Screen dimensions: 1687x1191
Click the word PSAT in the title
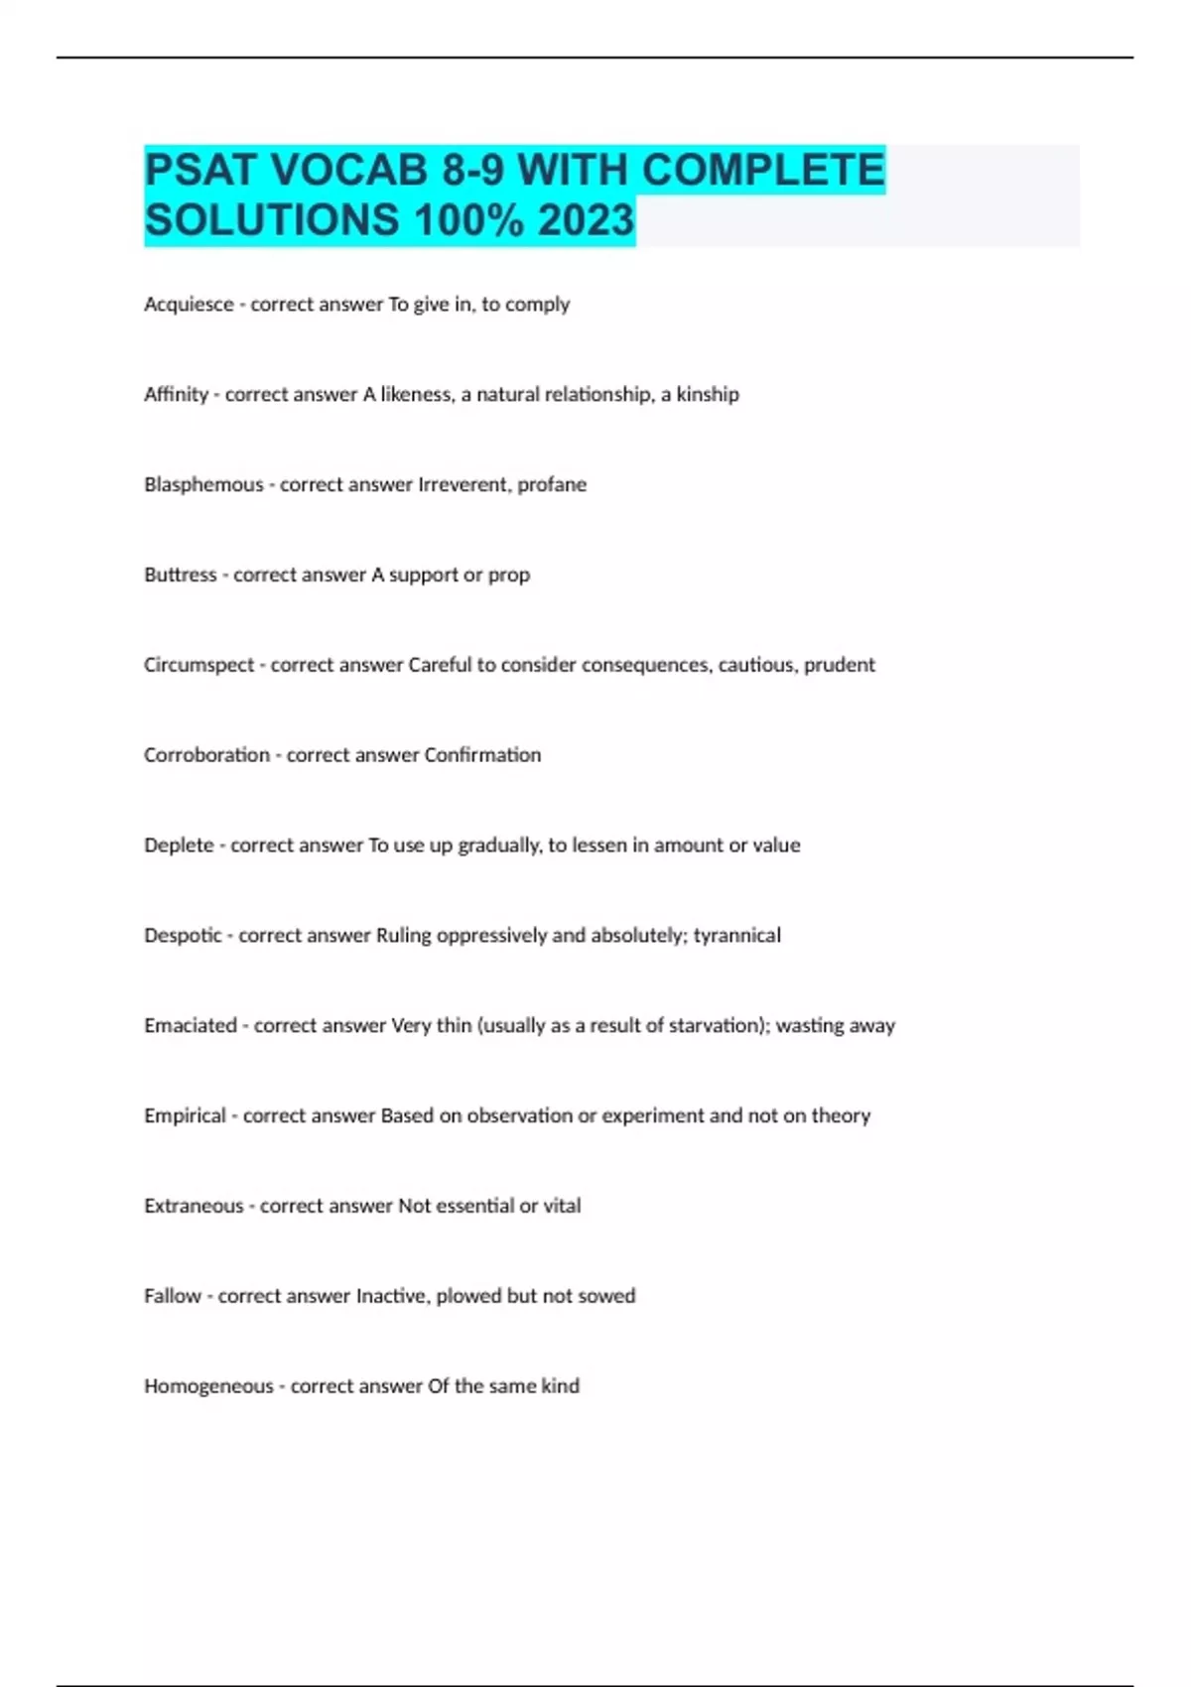pos(200,170)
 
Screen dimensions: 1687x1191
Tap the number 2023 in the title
pos(586,220)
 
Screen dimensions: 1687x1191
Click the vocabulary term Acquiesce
pos(189,305)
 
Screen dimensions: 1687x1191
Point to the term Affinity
pos(176,395)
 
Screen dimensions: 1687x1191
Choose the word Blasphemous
pos(203,485)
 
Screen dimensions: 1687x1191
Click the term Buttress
pos(180,575)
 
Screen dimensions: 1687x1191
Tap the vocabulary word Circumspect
pos(198,665)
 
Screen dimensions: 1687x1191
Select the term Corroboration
pos(206,755)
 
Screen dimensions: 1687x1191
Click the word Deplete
pos(179,845)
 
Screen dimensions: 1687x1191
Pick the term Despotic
pos(183,936)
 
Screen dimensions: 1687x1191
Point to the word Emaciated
pos(191,1026)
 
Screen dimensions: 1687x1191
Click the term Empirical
pos(185,1116)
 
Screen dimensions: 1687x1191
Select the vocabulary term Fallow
pos(173,1296)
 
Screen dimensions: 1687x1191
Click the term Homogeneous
pos(208,1386)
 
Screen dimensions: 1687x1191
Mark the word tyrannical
pos(736,936)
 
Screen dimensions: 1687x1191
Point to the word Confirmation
pos(482,755)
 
